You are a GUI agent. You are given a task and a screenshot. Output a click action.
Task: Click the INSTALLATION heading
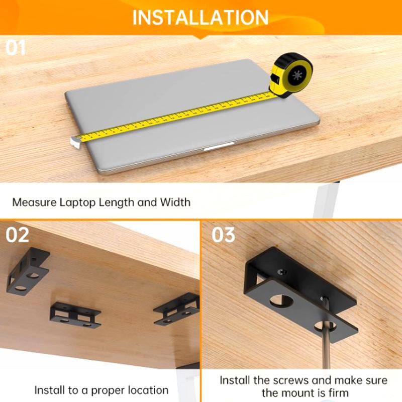200,18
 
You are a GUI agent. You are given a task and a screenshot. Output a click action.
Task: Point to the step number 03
223,235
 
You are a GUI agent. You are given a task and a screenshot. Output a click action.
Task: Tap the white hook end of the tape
75,142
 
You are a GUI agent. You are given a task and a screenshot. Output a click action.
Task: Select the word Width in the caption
175,203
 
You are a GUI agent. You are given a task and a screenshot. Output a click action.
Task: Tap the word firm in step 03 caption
338,392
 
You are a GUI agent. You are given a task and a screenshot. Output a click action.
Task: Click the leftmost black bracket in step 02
27,270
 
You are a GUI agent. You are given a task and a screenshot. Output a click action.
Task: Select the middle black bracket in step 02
75,315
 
